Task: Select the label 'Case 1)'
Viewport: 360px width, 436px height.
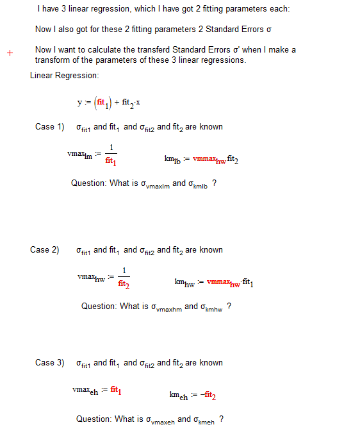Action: pos(49,127)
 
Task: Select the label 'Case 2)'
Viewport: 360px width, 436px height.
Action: pos(44,250)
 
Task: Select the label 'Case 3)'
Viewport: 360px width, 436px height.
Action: pos(49,363)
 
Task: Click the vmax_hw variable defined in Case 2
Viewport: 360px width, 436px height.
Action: pos(92,278)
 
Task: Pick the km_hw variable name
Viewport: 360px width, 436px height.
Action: pos(184,282)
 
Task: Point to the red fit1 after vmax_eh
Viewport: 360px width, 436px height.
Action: pos(116,390)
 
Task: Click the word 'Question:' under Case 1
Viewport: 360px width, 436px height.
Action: pos(88,183)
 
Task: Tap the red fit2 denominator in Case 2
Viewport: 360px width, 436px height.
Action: pos(125,285)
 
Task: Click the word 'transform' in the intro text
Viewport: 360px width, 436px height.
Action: pos(54,60)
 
